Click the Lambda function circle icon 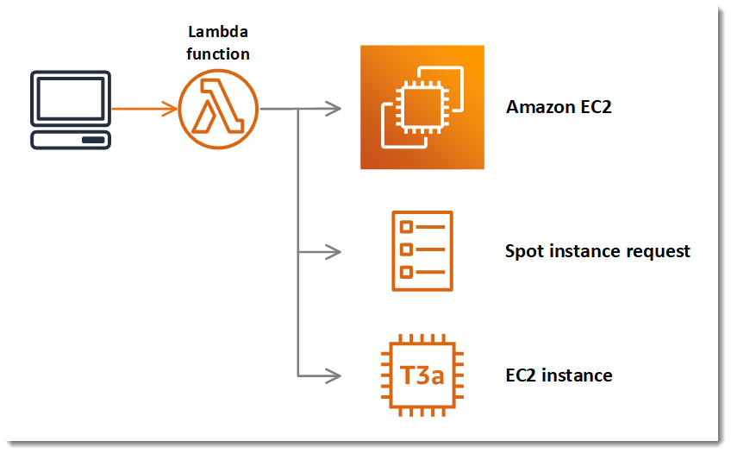218,109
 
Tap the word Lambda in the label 218,33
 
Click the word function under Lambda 218,54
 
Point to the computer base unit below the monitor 70,140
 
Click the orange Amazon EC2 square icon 422,107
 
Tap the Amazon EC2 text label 559,108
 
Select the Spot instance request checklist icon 422,250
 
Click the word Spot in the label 523,251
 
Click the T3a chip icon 422,375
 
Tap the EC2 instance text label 559,375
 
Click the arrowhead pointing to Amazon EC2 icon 334,109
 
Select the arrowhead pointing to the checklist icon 334,252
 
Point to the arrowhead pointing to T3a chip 334,375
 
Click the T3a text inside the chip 422,375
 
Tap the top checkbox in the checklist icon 406,228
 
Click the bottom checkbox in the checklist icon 406,273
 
